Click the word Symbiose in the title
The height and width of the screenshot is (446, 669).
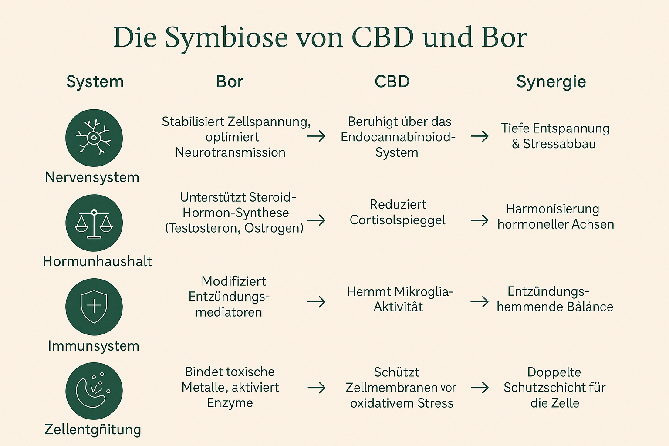(226, 38)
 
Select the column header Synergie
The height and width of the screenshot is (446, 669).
(551, 82)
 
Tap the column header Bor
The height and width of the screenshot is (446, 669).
(230, 82)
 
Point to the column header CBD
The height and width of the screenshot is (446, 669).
(392, 82)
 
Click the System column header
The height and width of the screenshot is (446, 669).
(95, 82)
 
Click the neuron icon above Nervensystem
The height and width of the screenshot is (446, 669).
(94, 138)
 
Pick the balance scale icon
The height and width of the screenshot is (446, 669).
(94, 223)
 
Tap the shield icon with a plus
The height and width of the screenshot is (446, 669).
(94, 307)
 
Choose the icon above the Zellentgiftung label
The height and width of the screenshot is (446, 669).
(94, 391)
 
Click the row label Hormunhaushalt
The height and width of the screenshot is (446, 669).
(98, 261)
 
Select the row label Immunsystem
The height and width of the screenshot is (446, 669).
(94, 346)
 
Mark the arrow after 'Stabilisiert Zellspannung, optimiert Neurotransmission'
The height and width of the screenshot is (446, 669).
(316, 136)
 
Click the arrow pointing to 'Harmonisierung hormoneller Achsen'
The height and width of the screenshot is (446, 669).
(480, 220)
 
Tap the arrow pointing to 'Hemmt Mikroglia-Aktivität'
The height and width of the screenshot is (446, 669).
(316, 301)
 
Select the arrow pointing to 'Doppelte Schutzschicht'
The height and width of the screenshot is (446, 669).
(480, 387)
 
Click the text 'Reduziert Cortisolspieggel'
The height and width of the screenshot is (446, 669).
(398, 212)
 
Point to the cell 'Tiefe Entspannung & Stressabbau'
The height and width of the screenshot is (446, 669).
(554, 136)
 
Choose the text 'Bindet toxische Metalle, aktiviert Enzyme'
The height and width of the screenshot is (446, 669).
(230, 387)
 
